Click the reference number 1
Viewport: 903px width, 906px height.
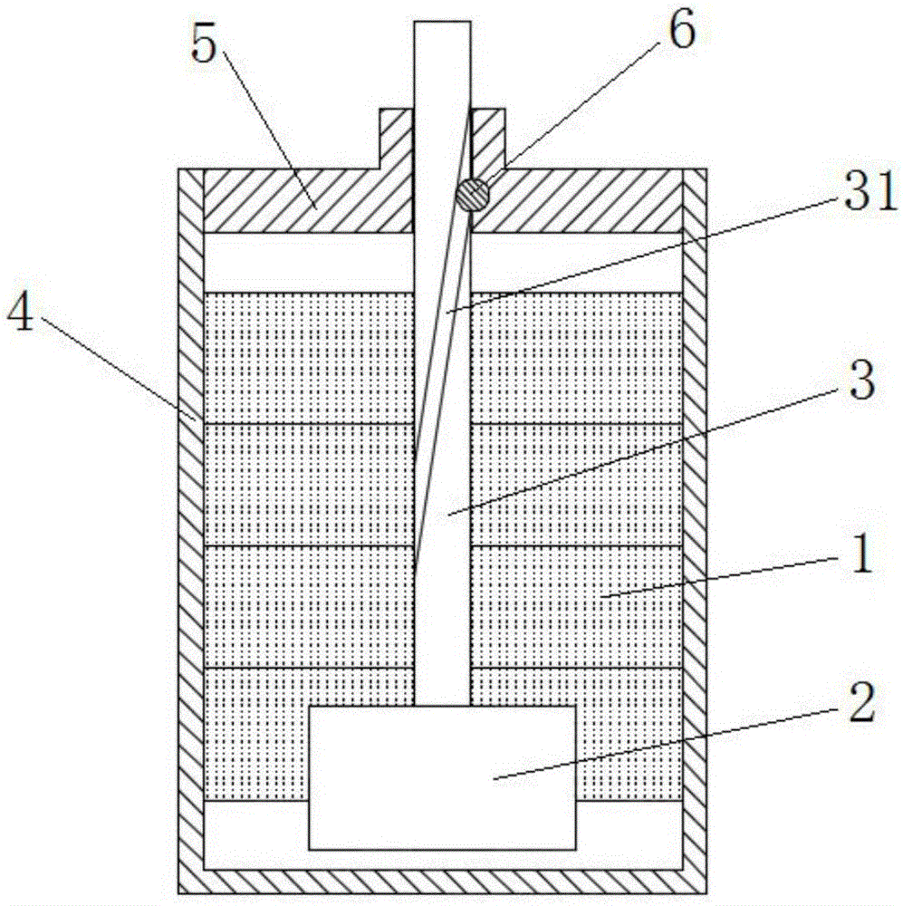pyautogui.click(x=860, y=555)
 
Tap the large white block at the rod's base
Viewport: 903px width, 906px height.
pyautogui.click(x=442, y=777)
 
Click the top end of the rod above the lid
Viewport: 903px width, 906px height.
pyautogui.click(x=442, y=54)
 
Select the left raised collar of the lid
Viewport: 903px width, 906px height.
pyautogui.click(x=396, y=136)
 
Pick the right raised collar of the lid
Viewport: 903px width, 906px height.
pyautogui.click(x=489, y=136)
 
